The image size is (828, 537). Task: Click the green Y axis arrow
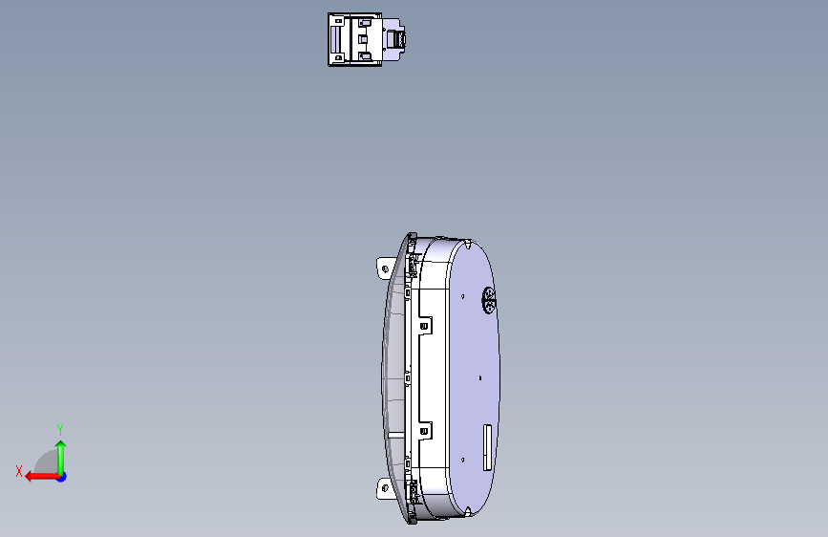[61, 458]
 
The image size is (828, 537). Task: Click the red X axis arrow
[42, 477]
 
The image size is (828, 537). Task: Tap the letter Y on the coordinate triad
[60, 429]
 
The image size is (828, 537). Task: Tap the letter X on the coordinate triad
[19, 471]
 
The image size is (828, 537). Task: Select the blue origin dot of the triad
[62, 477]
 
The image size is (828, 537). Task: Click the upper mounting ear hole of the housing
[385, 269]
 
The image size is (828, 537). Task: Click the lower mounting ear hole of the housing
[385, 488]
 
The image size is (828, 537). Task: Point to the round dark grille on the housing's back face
[489, 300]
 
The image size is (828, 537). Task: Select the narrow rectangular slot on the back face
[487, 447]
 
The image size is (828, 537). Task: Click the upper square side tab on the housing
[424, 326]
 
